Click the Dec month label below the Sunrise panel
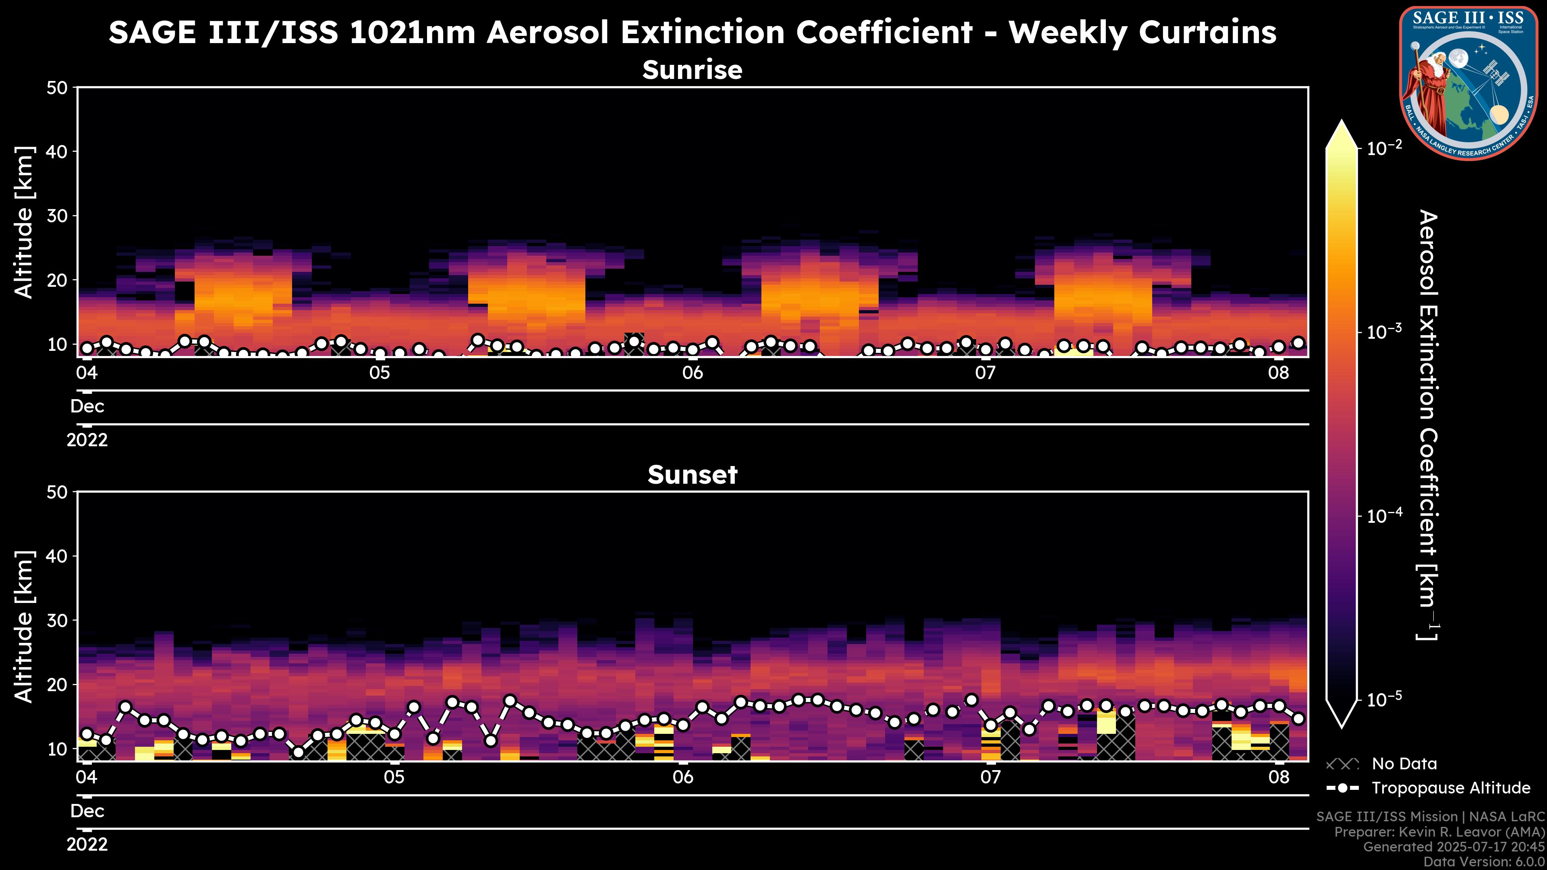(x=87, y=406)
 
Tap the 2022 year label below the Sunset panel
(x=87, y=845)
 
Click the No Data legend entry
(x=1404, y=764)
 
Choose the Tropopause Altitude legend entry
(x=1450, y=788)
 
